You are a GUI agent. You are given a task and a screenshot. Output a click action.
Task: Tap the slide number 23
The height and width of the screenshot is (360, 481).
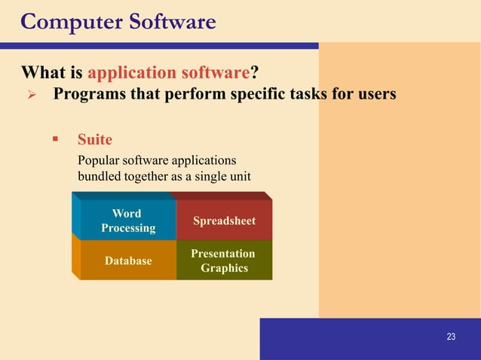pos(451,337)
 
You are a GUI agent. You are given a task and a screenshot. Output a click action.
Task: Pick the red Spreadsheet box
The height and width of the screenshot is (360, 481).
pos(224,221)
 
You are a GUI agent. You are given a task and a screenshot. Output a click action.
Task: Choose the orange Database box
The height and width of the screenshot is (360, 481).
pos(128,261)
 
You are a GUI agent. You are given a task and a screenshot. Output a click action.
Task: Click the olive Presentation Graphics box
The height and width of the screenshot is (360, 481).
pos(224,261)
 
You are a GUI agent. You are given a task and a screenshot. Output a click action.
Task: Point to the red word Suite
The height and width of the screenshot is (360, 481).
pos(94,139)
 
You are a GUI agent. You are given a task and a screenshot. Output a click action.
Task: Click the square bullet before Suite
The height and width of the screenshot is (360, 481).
pos(55,139)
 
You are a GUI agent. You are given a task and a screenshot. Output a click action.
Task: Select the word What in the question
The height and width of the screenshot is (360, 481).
pos(41,73)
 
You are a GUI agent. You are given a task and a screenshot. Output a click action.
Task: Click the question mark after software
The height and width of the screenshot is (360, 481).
pos(254,73)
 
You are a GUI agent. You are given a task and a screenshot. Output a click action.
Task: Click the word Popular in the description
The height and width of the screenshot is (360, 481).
pos(97,160)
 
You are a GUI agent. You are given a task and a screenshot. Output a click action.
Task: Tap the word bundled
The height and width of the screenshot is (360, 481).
pos(98,176)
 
